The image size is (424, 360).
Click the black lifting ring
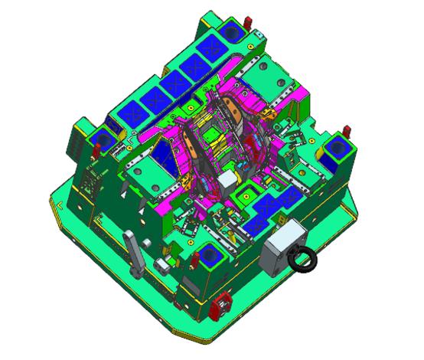[304, 261]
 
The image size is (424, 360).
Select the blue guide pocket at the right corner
[334, 150]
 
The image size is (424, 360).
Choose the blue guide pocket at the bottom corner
[208, 256]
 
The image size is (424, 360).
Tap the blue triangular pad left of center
[164, 152]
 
